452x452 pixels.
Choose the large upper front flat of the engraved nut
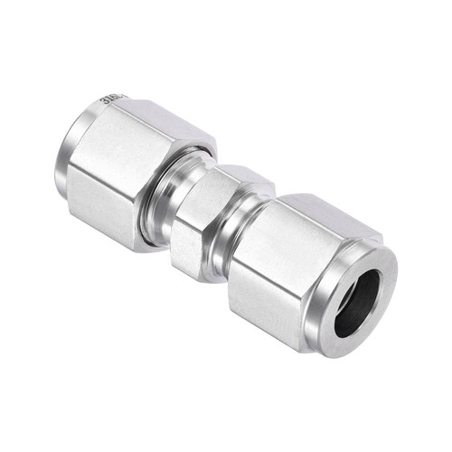[x=113, y=154]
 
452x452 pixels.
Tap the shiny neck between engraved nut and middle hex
[x=163, y=203]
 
